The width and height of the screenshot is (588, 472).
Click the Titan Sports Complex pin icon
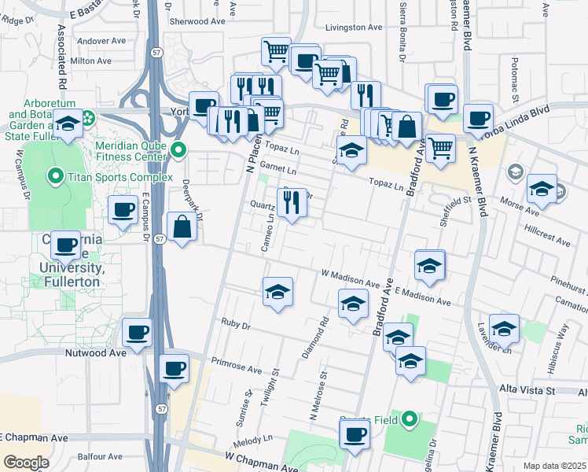55,176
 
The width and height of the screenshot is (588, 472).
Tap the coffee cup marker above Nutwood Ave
138,333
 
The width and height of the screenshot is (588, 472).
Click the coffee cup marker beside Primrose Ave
174,367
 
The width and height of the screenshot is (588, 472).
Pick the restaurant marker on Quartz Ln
292,203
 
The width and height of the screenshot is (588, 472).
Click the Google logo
26,463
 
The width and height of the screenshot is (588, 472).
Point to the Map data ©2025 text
553,466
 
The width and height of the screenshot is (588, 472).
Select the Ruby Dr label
235,324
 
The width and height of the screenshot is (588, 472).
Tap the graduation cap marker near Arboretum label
68,124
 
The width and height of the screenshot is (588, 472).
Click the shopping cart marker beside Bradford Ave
442,146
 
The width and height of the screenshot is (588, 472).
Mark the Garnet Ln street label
281,170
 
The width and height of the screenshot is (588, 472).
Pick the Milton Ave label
87,60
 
